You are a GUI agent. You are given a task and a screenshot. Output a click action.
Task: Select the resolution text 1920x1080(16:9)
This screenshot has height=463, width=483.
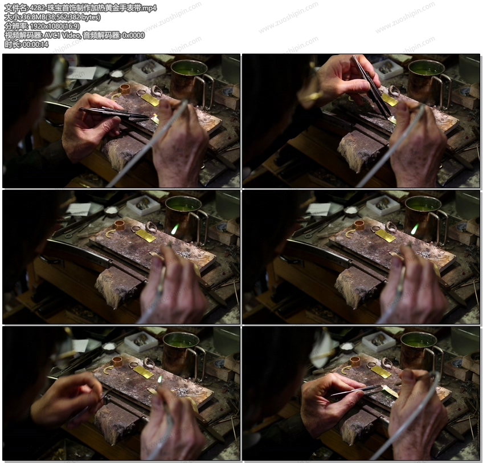tap(55, 26)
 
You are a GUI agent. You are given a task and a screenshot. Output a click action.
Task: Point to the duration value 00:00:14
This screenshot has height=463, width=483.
tap(35, 44)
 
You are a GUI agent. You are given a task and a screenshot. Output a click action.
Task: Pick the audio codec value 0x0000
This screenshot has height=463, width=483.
tap(133, 35)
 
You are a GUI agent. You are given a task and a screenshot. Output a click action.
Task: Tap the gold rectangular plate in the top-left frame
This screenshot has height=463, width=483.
tap(150, 100)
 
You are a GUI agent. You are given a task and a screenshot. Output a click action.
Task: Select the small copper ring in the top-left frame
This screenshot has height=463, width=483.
tap(125, 89)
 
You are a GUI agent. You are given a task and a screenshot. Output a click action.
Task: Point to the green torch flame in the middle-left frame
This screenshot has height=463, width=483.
tap(175, 229)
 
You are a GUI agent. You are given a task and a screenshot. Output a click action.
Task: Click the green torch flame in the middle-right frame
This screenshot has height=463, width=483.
tap(415, 229)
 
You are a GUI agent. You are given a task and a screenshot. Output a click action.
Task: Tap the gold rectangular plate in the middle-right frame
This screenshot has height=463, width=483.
tap(386, 236)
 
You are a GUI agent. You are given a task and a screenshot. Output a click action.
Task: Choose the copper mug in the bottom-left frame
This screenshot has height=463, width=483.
tap(184, 354)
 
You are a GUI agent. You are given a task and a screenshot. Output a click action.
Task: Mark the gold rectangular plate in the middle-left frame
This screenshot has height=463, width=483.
tap(145, 236)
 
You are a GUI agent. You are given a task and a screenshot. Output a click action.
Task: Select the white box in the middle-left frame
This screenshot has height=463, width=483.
tap(144, 204)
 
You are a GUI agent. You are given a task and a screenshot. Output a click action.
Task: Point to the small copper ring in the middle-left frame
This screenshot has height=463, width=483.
tap(119, 225)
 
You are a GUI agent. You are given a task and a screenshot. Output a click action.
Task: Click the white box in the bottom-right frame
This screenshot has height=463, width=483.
tap(378, 341)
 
